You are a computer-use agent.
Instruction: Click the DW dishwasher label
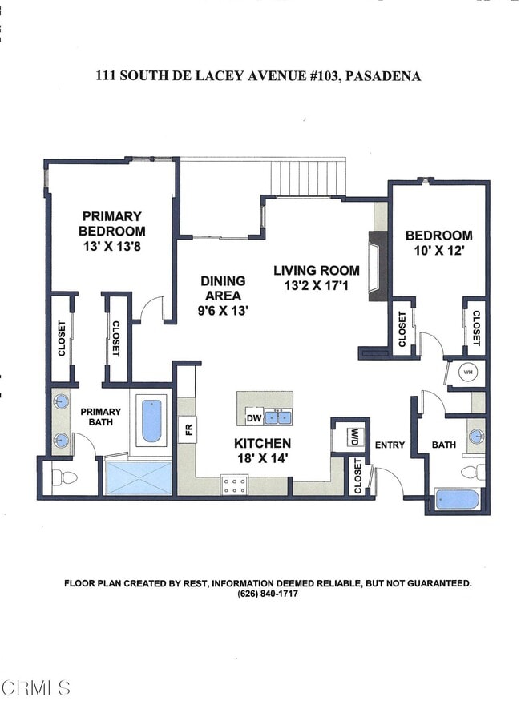pos(253,418)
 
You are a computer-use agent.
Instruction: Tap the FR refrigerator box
pos(188,429)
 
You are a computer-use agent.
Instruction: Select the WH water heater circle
pos(467,372)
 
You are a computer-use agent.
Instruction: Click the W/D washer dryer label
pos(354,437)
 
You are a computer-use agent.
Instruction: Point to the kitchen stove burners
pos(234,485)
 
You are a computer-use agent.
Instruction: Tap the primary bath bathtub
pos(151,421)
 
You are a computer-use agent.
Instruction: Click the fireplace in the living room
pos(378,266)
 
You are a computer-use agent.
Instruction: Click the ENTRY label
pos(390,445)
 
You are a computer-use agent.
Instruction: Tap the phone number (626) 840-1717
pos(268,594)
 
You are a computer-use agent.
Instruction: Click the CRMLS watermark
pos(35,688)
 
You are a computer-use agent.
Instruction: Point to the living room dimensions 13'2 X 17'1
pos(316,285)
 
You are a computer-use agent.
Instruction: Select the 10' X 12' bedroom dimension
pos(439,251)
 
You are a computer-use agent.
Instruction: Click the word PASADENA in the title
pos(382,76)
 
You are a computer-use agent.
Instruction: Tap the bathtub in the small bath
pos(458,499)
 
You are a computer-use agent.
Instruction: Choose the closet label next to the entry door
pos(358,476)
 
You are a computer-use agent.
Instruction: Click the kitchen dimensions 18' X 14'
pos(262,458)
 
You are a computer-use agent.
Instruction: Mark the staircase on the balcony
pos(308,177)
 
